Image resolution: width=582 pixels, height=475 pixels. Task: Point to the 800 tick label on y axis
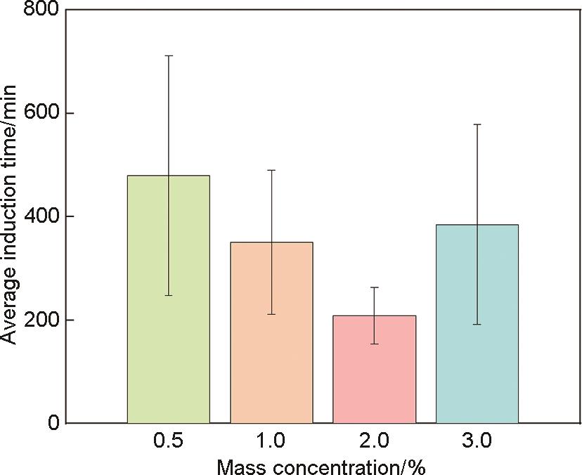click(41, 11)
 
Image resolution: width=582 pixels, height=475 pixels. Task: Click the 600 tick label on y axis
click(41, 113)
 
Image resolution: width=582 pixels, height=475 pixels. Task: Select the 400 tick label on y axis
click(41, 216)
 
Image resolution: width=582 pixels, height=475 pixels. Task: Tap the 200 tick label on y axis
click(41, 320)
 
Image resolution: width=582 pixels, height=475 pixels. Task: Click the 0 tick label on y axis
click(53, 423)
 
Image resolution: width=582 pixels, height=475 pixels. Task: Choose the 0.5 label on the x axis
click(169, 442)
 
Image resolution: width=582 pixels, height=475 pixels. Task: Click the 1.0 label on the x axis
click(271, 442)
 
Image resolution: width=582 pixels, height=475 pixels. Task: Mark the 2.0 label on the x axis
click(375, 442)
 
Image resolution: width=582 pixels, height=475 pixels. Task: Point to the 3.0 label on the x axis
click(477, 442)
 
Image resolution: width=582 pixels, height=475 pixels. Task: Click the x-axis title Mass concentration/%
click(321, 465)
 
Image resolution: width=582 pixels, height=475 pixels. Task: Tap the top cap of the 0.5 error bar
click(169, 56)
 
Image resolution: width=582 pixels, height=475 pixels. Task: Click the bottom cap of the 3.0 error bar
click(477, 324)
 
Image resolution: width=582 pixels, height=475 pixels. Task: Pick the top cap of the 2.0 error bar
click(375, 287)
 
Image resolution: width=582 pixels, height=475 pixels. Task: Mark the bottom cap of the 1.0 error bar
click(271, 314)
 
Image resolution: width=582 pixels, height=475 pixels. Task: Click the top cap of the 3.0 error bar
click(477, 124)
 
